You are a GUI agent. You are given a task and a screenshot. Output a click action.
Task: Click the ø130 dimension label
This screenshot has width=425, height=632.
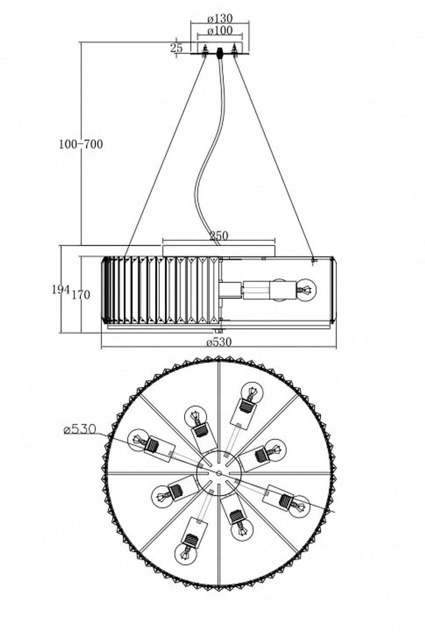[220, 19]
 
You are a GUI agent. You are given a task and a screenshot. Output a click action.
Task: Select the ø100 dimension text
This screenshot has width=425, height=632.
[220, 31]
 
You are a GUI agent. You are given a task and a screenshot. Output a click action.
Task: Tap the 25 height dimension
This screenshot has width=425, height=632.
[177, 48]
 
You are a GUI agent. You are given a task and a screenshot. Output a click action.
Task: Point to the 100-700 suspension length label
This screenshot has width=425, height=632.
[81, 144]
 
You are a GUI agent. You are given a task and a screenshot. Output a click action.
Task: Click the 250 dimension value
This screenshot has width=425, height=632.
[219, 236]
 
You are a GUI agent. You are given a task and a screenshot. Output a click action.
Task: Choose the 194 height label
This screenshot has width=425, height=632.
[61, 289]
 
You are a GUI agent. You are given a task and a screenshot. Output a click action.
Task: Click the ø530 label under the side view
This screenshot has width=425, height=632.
[219, 342]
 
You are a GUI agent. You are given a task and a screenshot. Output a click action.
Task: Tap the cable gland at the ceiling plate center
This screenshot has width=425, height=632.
[220, 53]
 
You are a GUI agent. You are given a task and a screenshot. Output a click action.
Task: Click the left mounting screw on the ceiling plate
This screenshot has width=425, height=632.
[205, 51]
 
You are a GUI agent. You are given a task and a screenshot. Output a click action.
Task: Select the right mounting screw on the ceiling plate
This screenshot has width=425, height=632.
[234, 51]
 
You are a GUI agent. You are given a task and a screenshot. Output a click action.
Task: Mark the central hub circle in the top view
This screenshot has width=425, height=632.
[219, 472]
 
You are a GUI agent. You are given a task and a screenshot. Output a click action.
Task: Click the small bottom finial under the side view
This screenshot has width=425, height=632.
[219, 331]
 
